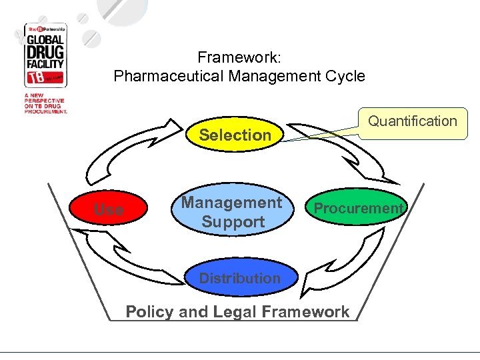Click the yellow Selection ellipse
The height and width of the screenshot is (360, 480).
pyautogui.click(x=235, y=135)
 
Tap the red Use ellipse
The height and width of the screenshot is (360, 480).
pyautogui.click(x=109, y=209)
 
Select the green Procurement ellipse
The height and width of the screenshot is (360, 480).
pyautogui.click(x=358, y=209)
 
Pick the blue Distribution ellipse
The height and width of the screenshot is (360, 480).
pyautogui.click(x=239, y=278)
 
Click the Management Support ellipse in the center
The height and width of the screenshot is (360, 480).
pyautogui.click(x=232, y=211)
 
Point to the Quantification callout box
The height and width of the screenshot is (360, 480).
pyautogui.click(x=413, y=122)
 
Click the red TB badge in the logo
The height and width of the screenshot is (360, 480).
pyautogui.click(x=33, y=79)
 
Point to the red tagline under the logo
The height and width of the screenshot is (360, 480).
pyautogui.click(x=47, y=105)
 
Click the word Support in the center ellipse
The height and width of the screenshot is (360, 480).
pyautogui.click(x=233, y=221)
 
